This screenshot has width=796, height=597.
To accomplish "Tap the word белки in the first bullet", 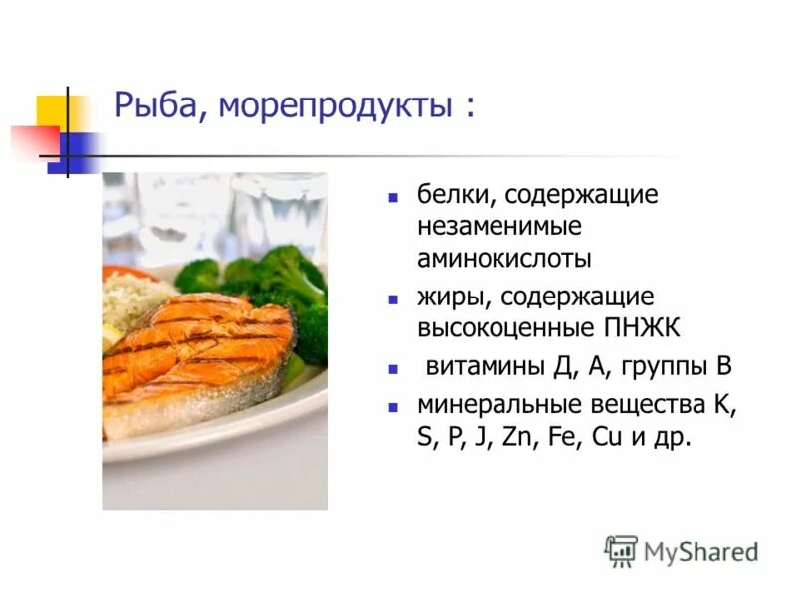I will click(x=449, y=194).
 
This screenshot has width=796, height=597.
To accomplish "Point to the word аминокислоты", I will click(x=504, y=258).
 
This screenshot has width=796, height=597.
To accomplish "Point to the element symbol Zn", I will click(x=520, y=437).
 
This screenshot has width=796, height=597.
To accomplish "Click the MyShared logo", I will click(x=682, y=550).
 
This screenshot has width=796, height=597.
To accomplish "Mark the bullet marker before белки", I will click(x=394, y=196).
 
